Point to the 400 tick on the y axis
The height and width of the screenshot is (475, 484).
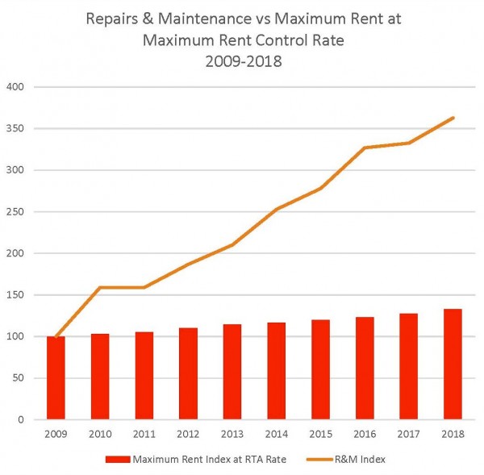point(15,87)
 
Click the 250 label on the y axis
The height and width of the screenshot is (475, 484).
point(15,212)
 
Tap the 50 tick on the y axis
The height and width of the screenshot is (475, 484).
point(19,378)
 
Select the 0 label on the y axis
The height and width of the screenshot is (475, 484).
point(21,419)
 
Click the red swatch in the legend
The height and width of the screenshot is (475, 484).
point(117,459)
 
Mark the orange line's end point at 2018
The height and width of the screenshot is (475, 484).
point(453,118)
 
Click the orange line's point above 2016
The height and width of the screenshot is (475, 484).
point(365,148)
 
